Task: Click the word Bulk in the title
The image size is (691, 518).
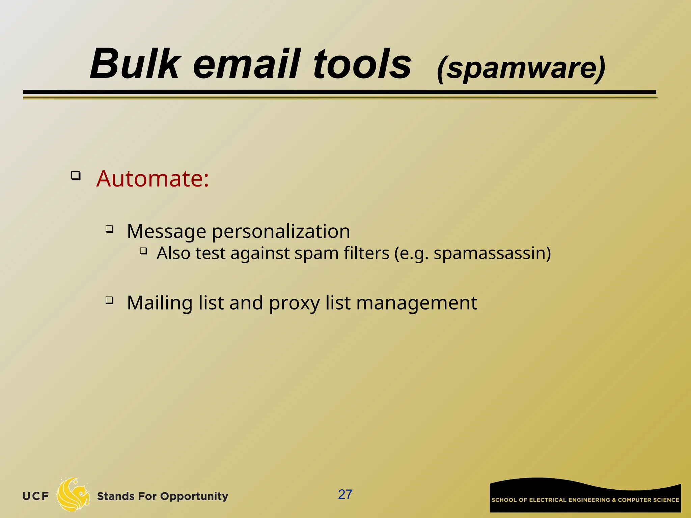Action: (135, 64)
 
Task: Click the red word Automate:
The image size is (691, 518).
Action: (153, 178)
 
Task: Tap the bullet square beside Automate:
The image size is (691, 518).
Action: (76, 176)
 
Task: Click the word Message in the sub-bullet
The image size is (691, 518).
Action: (166, 232)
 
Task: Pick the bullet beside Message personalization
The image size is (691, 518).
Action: (109, 229)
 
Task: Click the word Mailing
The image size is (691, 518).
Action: (160, 303)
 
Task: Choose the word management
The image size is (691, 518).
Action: (417, 303)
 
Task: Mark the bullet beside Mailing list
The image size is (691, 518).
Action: (109, 300)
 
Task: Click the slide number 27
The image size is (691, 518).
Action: (345, 495)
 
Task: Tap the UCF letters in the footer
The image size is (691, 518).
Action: (36, 496)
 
